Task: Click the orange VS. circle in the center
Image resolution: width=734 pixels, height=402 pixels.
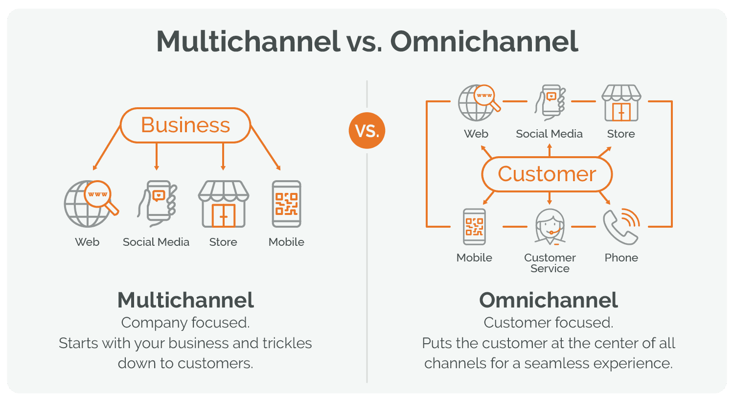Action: click(x=367, y=131)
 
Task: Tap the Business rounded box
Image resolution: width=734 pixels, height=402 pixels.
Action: click(x=185, y=125)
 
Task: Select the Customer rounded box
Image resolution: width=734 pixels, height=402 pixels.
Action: click(x=547, y=174)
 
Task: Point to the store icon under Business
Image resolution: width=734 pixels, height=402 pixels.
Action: click(x=223, y=204)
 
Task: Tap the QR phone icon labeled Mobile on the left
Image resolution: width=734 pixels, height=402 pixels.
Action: click(x=286, y=204)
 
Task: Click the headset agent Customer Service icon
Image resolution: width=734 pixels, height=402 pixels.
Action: click(x=550, y=227)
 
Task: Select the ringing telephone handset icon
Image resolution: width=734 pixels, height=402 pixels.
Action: click(x=621, y=227)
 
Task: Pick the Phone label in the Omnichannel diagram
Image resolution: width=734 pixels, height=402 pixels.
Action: click(x=621, y=258)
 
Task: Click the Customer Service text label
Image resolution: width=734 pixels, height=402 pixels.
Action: click(x=550, y=263)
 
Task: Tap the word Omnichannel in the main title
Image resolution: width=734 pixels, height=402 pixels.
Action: click(x=484, y=42)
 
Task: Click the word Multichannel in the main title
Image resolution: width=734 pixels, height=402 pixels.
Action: click(x=248, y=42)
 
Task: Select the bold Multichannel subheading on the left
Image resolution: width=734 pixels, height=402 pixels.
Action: click(x=185, y=300)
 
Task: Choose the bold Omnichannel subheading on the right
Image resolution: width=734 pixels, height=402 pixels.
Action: click(x=548, y=300)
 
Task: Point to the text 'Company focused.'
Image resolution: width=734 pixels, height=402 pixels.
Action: click(x=185, y=323)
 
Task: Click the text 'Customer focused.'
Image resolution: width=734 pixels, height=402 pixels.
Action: click(x=548, y=323)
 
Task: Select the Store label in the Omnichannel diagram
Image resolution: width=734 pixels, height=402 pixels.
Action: click(x=620, y=134)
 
